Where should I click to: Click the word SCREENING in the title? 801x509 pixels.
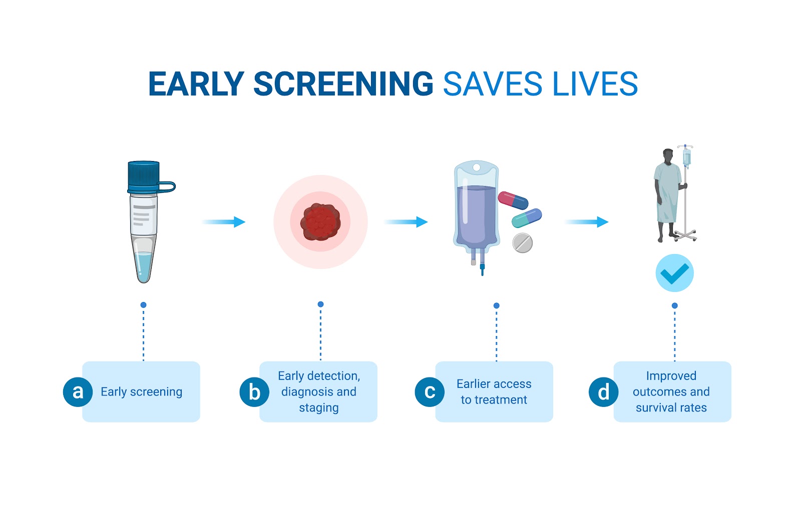pyautogui.click(x=343, y=84)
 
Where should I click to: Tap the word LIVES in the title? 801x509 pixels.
pyautogui.click(x=595, y=84)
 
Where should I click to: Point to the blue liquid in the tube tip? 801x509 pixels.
pyautogui.click(x=144, y=266)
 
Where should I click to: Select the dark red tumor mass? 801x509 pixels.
pyautogui.click(x=320, y=222)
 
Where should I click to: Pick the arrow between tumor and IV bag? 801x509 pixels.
pyautogui.click(x=406, y=222)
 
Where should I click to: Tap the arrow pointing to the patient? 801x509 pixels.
pyautogui.click(x=587, y=222)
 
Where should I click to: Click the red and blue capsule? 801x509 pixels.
pyautogui.click(x=513, y=200)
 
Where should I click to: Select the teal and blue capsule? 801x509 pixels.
pyautogui.click(x=527, y=218)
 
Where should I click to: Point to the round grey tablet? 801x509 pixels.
pyautogui.click(x=523, y=243)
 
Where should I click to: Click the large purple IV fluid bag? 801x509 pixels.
pyautogui.click(x=476, y=210)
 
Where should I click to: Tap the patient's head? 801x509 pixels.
pyautogui.click(x=668, y=156)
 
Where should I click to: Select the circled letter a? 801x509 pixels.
pyautogui.click(x=78, y=392)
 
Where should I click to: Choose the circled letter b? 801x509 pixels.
pyautogui.click(x=254, y=392)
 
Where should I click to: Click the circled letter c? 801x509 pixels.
pyautogui.click(x=430, y=392)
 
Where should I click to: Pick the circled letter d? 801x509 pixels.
pyautogui.click(x=604, y=392)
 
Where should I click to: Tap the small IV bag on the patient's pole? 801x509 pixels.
pyautogui.click(x=687, y=157)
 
